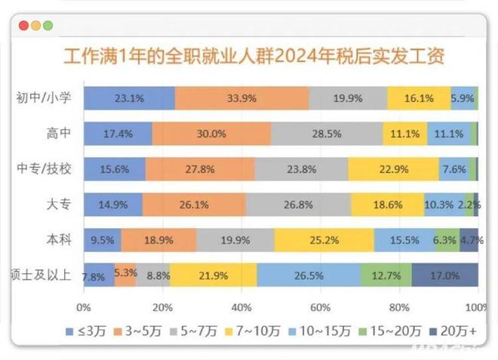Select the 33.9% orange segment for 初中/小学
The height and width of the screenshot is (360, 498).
click(x=241, y=98)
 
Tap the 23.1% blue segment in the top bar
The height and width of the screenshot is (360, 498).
click(x=129, y=98)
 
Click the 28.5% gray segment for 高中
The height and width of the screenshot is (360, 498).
click(x=327, y=134)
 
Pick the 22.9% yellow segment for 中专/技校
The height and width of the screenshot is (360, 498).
click(x=393, y=169)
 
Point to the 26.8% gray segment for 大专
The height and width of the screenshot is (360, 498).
click(x=298, y=205)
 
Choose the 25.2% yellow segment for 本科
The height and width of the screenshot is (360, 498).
click(x=324, y=240)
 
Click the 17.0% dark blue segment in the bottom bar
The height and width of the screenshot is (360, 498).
click(x=444, y=275)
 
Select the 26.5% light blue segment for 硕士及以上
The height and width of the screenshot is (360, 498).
click(x=309, y=275)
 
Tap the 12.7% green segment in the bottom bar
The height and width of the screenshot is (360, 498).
click(x=386, y=275)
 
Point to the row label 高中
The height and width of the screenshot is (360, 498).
click(x=58, y=134)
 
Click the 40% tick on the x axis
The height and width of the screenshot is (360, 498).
click(x=241, y=308)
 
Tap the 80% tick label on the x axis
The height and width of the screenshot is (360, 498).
click(x=398, y=308)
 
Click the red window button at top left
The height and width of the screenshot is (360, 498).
click(x=24, y=25)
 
